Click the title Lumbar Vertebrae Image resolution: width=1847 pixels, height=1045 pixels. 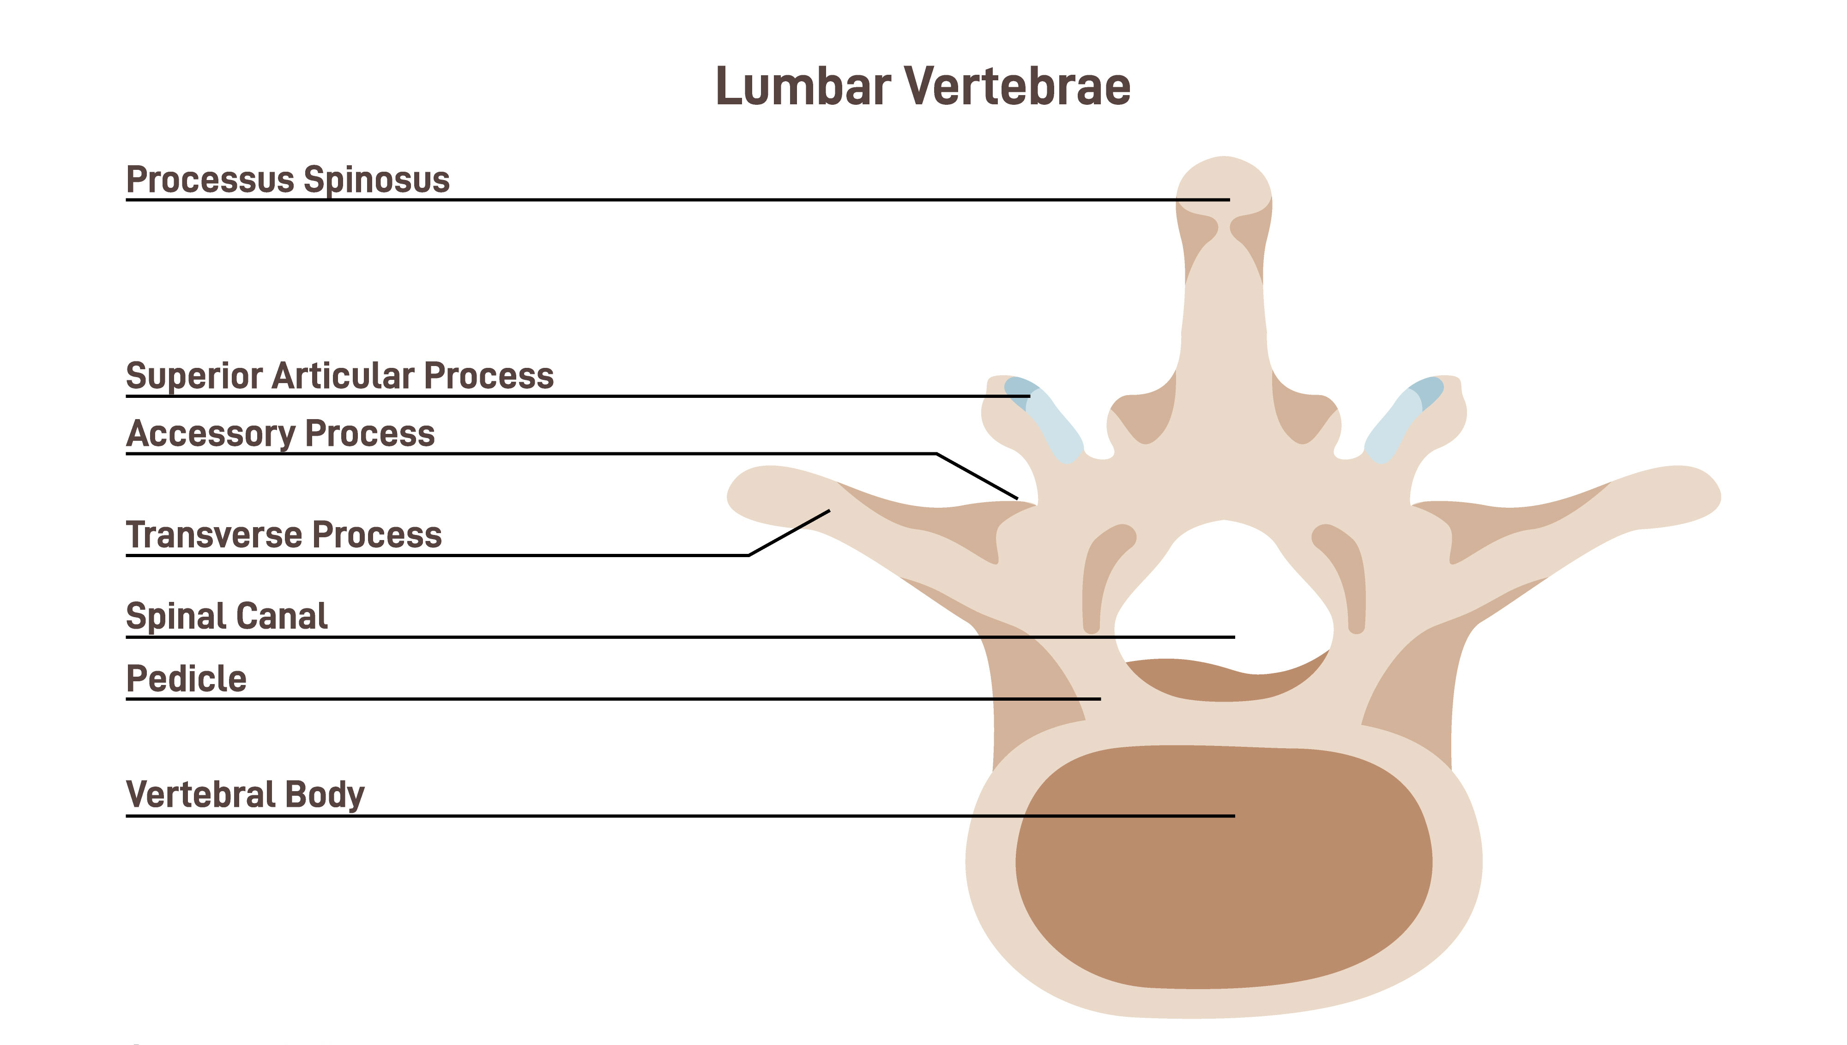point(923,86)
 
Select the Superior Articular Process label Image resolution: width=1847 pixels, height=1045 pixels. point(339,375)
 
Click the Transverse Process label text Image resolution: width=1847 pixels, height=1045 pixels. point(284,535)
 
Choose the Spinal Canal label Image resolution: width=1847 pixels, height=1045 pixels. point(227,616)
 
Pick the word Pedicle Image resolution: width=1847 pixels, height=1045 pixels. point(187,678)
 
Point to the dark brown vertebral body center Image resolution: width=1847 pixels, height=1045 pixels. point(1223,868)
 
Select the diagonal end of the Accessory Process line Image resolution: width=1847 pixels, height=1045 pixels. point(1016,498)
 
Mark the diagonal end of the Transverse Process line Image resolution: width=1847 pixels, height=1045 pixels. point(829,511)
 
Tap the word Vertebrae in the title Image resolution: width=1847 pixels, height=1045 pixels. point(1016,86)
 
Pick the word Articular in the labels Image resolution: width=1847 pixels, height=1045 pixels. point(344,375)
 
